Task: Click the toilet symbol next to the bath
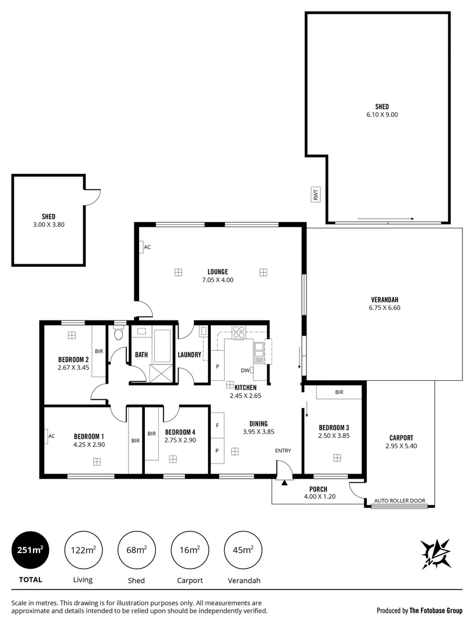pyautogui.click(x=119, y=333)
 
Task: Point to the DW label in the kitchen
pyautogui.click(x=245, y=371)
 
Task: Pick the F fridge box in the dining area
pyautogui.click(x=217, y=425)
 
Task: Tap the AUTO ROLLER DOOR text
pyautogui.click(x=399, y=501)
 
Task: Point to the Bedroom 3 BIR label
pyautogui.click(x=339, y=392)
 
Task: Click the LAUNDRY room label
pyautogui.click(x=189, y=355)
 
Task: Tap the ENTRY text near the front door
pyautogui.click(x=283, y=450)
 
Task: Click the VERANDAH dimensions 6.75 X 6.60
pyautogui.click(x=384, y=308)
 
